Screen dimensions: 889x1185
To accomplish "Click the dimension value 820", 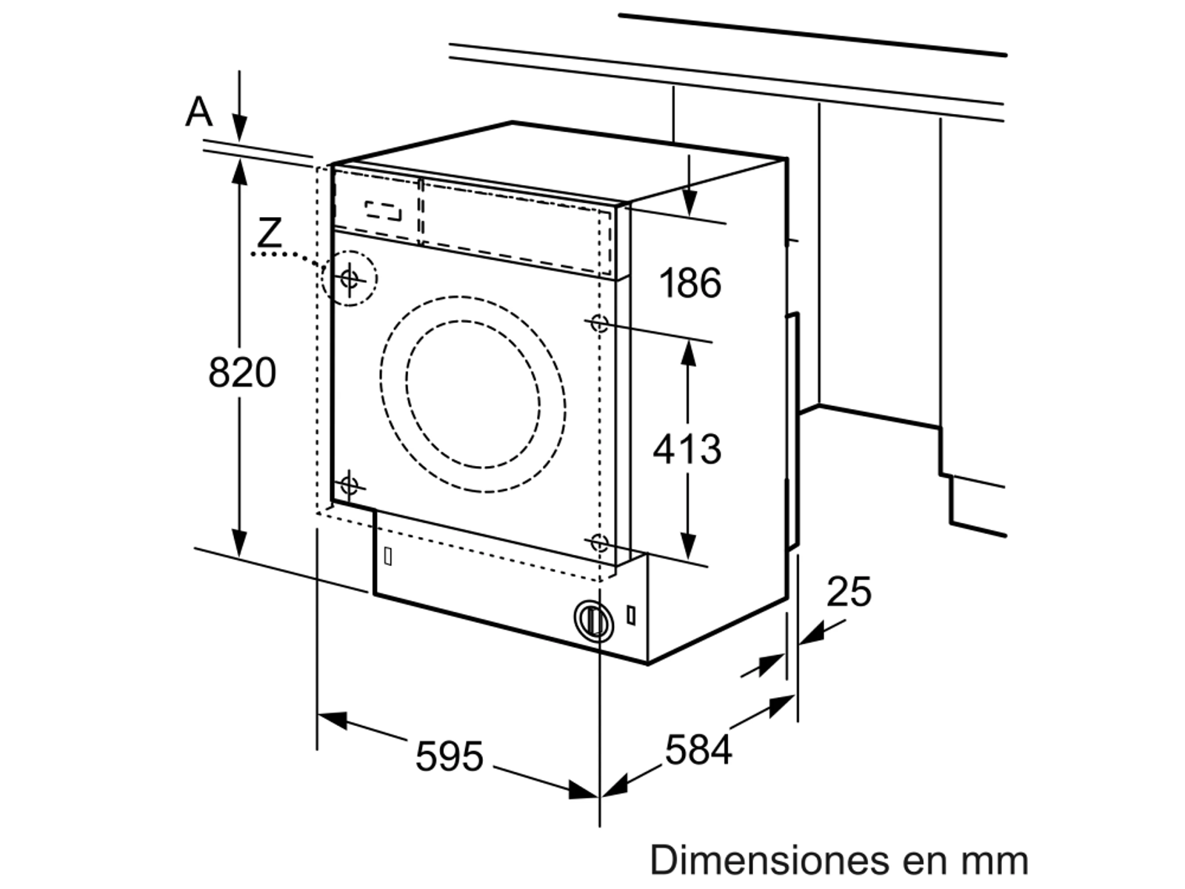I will [242, 373].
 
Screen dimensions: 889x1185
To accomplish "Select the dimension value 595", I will [449, 756].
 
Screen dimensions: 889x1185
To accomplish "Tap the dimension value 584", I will [698, 750].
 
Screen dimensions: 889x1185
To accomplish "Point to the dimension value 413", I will [687, 449].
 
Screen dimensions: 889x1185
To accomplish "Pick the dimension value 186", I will [690, 284].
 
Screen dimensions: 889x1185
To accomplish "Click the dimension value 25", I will [849, 592].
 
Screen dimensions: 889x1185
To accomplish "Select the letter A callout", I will [198, 113].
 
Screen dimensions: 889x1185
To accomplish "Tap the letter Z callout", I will [270, 233].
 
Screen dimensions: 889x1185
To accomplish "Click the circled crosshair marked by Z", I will [350, 279].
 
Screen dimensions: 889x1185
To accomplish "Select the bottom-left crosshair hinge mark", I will [349, 486].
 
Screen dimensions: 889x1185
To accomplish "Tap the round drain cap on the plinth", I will [592, 619].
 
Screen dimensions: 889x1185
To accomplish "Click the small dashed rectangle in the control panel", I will [384, 210].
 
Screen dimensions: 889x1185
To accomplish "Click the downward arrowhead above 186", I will [690, 202].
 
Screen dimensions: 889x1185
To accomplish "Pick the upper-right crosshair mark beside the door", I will [598, 323].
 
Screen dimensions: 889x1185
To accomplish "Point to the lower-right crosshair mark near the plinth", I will [598, 543].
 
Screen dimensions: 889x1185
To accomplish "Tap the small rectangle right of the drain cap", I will [630, 615].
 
